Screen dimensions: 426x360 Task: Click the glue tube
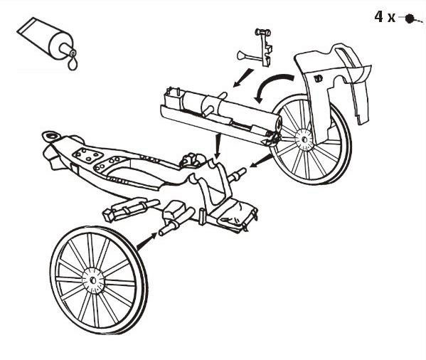tap(46, 39)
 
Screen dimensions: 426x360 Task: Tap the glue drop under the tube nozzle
tap(73, 65)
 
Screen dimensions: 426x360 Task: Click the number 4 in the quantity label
tap(378, 16)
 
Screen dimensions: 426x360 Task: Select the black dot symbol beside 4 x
tap(409, 18)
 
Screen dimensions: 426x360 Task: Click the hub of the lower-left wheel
tap(93, 280)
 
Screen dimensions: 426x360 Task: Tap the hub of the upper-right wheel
tap(304, 139)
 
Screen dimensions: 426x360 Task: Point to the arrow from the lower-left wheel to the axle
tap(147, 241)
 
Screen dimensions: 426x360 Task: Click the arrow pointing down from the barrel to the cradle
tap(218, 146)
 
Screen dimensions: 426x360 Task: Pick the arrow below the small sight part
tap(243, 78)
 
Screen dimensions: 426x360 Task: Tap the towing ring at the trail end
tap(50, 136)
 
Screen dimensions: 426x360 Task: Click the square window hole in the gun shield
tap(318, 78)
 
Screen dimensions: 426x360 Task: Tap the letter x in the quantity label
tap(391, 18)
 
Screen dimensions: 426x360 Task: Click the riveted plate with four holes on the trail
tap(88, 155)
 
